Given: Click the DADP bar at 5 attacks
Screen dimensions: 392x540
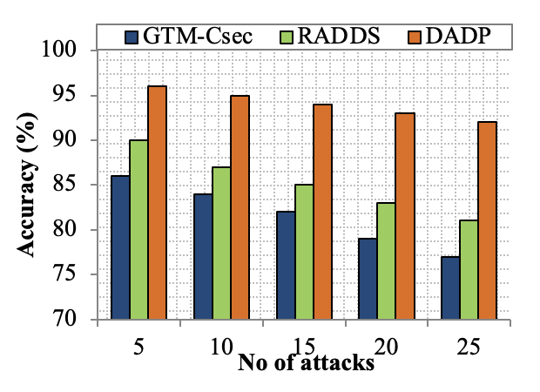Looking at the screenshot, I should click(x=158, y=203).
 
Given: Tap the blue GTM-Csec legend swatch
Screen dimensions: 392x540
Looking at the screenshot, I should click(x=132, y=37).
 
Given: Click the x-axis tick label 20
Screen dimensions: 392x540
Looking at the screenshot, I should click(x=389, y=346).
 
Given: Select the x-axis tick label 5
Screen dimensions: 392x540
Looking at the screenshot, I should click(x=139, y=346).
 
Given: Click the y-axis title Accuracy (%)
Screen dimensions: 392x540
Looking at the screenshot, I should click(x=29, y=185).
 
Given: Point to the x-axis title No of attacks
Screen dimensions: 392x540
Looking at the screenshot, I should click(x=307, y=364).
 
